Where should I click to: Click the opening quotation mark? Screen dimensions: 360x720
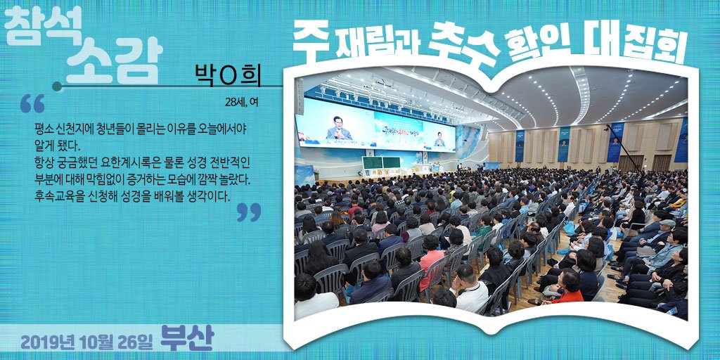pyautogui.click(x=32, y=103)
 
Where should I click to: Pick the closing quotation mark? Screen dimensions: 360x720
pyautogui.click(x=248, y=212)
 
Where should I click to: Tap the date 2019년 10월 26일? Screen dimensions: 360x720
pyautogui.click(x=86, y=342)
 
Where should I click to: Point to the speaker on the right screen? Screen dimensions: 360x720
pyautogui.click(x=439, y=139)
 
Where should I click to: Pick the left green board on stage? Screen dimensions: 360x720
pyautogui.click(x=372, y=164)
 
